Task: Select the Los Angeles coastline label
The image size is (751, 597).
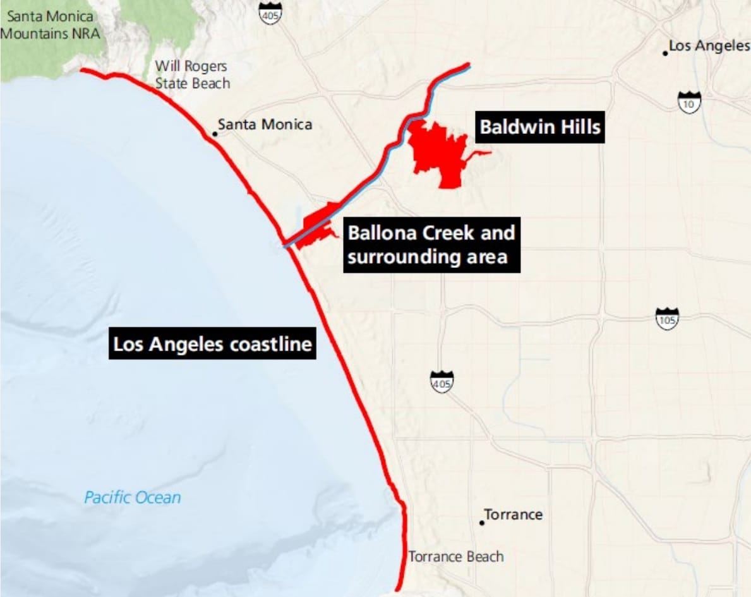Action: (x=212, y=344)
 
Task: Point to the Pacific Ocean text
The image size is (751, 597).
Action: (x=133, y=497)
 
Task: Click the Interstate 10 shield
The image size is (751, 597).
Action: (x=689, y=102)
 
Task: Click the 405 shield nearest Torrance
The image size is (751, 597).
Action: (x=442, y=382)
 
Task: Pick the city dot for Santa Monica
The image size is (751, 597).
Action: (x=215, y=133)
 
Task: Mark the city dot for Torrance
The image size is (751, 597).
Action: (x=482, y=522)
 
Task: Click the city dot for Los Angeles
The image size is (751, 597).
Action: (x=665, y=53)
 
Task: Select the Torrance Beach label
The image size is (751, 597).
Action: (x=456, y=557)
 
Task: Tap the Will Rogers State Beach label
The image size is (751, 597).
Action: (x=192, y=75)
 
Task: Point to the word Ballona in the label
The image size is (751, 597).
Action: (x=378, y=233)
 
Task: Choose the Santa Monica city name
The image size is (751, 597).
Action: (x=265, y=124)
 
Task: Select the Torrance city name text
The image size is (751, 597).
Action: (x=513, y=514)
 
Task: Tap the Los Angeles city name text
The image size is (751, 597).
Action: (x=709, y=45)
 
